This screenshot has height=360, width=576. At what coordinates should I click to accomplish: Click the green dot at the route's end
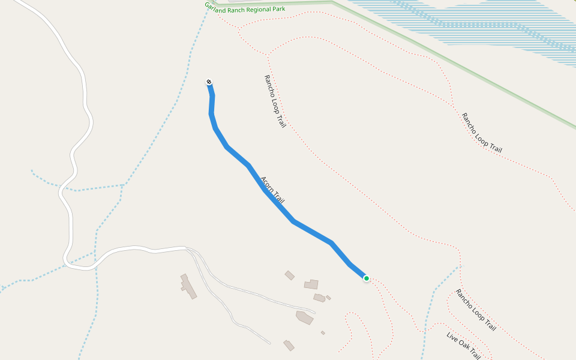pos(366,278)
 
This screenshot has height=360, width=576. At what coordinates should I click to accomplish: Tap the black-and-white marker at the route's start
pos(209,82)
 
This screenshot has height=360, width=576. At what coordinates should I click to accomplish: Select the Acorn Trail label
pos(272,190)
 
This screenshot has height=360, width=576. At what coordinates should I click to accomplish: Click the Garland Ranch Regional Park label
pos(245,7)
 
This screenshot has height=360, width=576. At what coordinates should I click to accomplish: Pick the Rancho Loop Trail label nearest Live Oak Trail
pos(476,310)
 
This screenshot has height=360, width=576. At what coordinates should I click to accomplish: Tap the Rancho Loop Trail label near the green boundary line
pos(481,132)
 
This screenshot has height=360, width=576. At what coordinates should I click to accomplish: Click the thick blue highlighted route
pos(312,232)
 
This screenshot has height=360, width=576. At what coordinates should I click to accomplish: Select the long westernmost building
pos(188,286)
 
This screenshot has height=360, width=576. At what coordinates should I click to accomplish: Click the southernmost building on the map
pos(289,345)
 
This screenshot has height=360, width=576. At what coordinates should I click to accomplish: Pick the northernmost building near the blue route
pos(289,275)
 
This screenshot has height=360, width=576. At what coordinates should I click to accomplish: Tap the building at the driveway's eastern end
pos(305,316)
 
